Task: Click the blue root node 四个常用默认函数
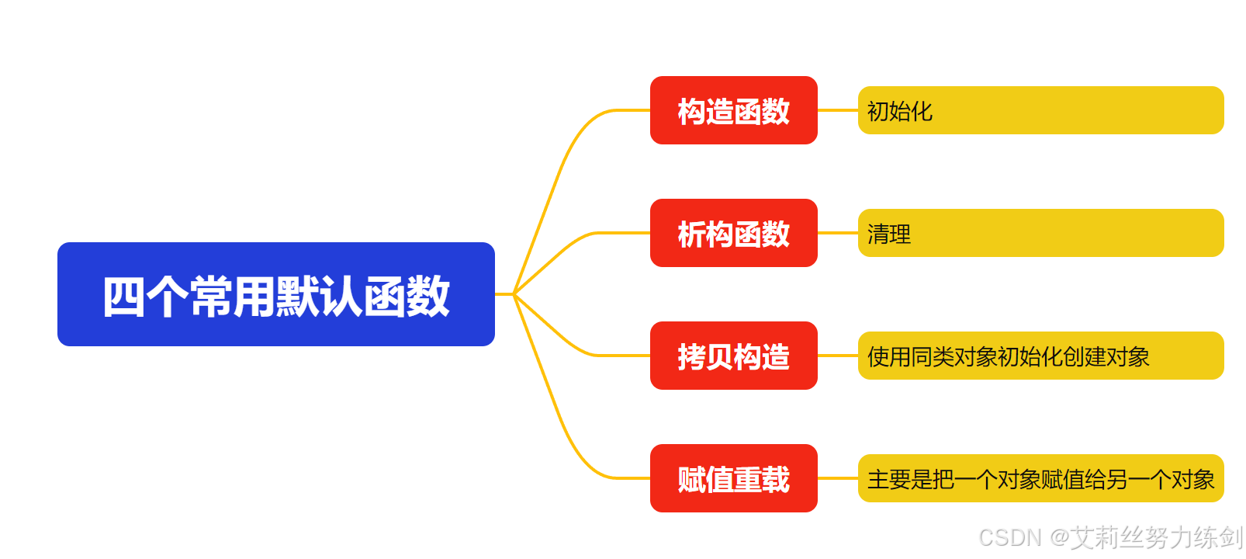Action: pyautogui.click(x=275, y=294)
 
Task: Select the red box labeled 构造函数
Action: pyautogui.click(x=733, y=110)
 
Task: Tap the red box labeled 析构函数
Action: pyautogui.click(x=733, y=233)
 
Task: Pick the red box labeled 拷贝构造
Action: pyautogui.click(x=733, y=356)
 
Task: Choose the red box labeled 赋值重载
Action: pyautogui.click(x=733, y=478)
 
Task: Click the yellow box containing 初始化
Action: pyautogui.click(x=1040, y=110)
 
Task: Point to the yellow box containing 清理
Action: pyautogui.click(x=1040, y=233)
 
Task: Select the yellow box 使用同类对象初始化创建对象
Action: pyautogui.click(x=1040, y=356)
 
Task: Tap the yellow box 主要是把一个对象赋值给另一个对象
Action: pyautogui.click(x=1040, y=478)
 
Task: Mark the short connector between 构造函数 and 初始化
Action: pyautogui.click(x=838, y=110)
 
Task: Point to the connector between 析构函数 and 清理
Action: pyautogui.click(x=838, y=233)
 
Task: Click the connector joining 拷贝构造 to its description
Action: pyautogui.click(x=838, y=356)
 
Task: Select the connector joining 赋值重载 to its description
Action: pyautogui.click(x=838, y=478)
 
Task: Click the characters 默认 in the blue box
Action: pyautogui.click(x=320, y=296)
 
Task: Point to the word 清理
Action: pyautogui.click(x=889, y=234)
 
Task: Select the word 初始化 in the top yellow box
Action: pyautogui.click(x=900, y=111)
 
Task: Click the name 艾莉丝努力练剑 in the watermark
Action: pyautogui.click(x=1157, y=537)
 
